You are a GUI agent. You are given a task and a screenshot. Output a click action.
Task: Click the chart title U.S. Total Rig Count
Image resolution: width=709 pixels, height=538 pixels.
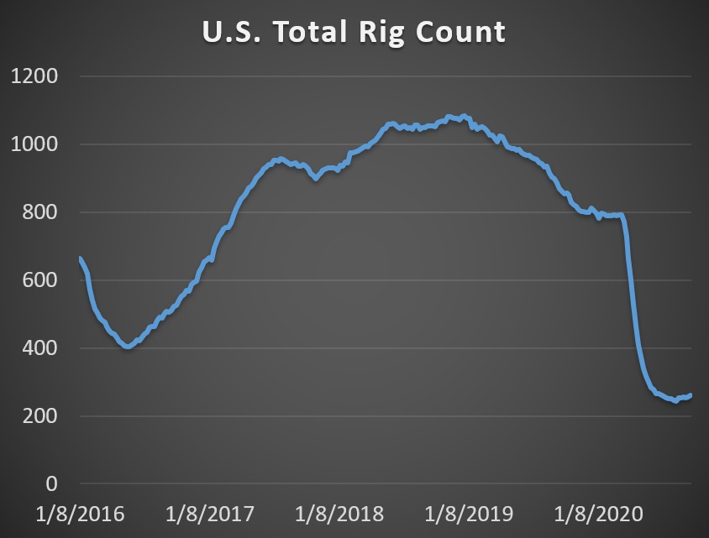[x=354, y=32]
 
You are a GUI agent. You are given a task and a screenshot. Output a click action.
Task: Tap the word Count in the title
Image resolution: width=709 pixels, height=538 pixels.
[x=461, y=32]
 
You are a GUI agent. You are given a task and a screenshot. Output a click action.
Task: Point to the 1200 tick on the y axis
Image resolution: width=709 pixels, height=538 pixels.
[x=34, y=77]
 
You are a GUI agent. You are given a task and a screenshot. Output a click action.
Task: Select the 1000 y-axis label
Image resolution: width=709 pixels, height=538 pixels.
[x=34, y=145]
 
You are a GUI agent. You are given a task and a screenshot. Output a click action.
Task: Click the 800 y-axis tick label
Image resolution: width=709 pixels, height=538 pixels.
[x=39, y=213]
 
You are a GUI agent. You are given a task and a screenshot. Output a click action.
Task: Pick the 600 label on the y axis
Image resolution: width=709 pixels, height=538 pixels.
[x=39, y=281]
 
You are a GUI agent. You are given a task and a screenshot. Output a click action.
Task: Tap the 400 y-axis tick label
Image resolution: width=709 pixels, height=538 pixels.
[x=39, y=349]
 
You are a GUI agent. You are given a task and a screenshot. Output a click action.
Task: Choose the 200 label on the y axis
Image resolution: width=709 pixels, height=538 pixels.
[x=39, y=417]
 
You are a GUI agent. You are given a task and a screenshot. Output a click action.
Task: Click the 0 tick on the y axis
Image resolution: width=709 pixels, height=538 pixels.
[x=52, y=485]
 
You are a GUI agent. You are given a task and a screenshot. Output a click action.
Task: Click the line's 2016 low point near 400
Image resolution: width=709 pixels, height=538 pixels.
[x=128, y=346]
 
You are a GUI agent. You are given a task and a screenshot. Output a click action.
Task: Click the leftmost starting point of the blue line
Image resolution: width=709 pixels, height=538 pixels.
[x=80, y=259]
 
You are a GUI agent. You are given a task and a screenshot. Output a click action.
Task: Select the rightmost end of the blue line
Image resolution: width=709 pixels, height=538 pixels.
[x=691, y=394]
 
